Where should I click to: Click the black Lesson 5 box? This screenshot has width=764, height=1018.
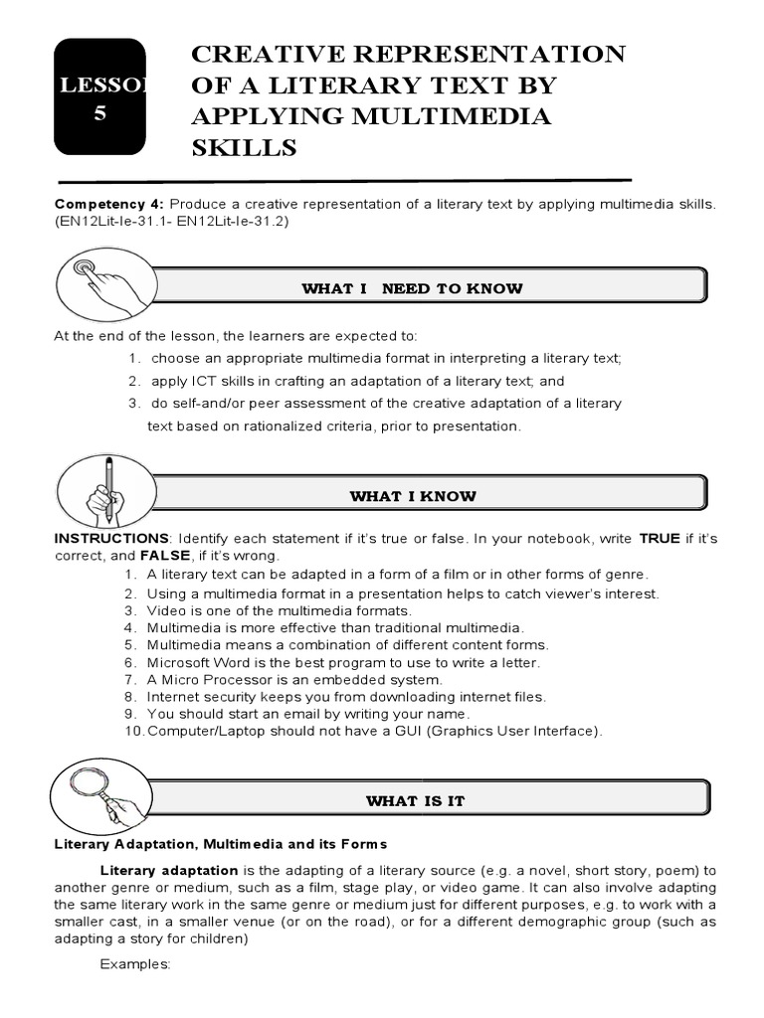(x=99, y=96)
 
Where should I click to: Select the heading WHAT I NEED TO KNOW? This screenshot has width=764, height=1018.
(x=412, y=288)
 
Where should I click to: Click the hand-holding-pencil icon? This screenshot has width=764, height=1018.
(x=103, y=488)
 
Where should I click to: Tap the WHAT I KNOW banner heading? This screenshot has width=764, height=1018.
(x=412, y=496)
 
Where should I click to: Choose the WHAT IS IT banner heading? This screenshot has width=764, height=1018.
(x=415, y=800)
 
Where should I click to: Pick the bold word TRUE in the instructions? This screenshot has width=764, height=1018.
(x=660, y=538)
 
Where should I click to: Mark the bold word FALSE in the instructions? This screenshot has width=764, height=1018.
(x=166, y=555)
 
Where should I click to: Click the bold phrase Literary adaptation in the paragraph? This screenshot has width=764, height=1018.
(x=169, y=870)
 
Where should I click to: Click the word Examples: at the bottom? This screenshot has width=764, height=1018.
(x=136, y=963)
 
